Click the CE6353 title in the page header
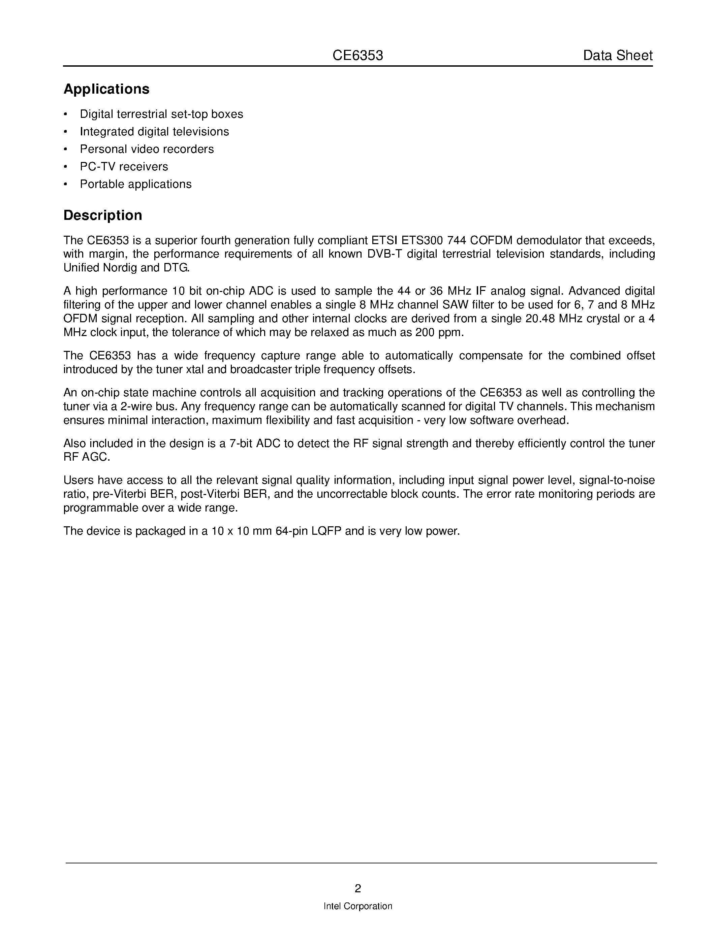click(x=357, y=56)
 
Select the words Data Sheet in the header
click(x=618, y=56)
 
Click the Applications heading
click(x=106, y=89)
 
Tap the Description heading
click(x=103, y=216)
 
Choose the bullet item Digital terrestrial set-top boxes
click(x=161, y=114)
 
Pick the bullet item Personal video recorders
click(x=147, y=149)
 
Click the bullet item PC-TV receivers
click(x=124, y=167)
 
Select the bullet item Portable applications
click(x=136, y=184)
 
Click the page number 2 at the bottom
click(x=358, y=888)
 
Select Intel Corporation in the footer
click(x=357, y=906)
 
